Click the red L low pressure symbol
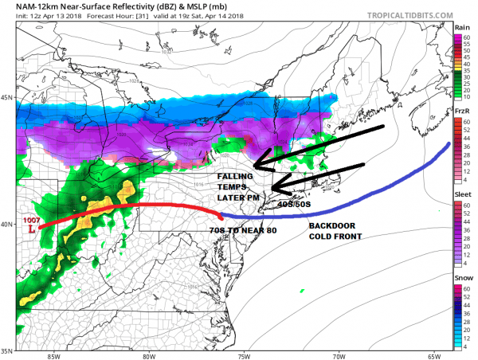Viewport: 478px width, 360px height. [x=30, y=229]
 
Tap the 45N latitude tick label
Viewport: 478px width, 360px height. [x=7, y=98]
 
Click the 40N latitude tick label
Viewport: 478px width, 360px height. [x=7, y=224]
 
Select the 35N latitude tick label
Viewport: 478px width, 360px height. [x=7, y=350]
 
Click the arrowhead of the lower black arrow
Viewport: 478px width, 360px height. [x=272, y=189]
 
